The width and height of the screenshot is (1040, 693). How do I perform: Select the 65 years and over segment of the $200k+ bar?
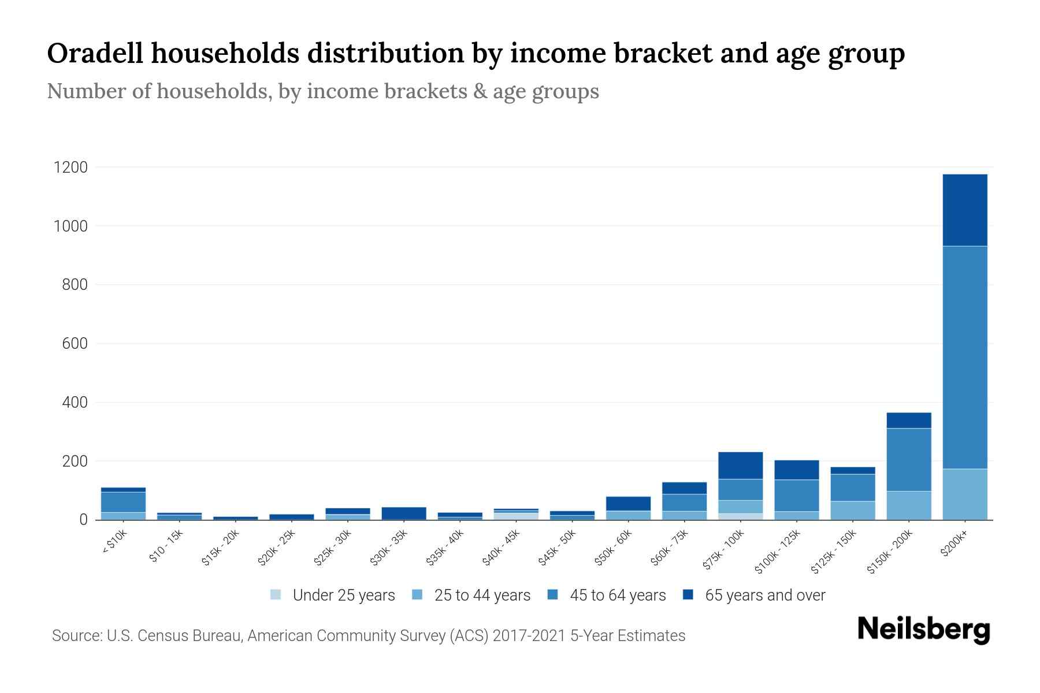[964, 210]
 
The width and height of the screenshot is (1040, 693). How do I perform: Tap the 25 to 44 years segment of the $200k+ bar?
[964, 494]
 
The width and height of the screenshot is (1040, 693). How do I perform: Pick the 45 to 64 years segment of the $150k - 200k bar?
[908, 460]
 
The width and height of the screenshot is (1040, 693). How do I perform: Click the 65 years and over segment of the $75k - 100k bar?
[740, 465]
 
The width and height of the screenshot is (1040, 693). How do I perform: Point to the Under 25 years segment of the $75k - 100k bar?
[740, 516]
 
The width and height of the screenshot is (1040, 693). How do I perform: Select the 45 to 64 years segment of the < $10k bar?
[123, 502]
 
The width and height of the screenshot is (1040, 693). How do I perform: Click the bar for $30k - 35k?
[404, 513]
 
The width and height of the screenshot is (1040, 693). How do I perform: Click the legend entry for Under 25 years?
[343, 595]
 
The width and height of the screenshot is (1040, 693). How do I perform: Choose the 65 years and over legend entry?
[764, 595]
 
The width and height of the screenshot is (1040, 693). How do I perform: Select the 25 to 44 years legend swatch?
[417, 595]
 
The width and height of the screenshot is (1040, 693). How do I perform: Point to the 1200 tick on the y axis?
[70, 167]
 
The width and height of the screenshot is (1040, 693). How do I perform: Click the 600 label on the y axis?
[75, 344]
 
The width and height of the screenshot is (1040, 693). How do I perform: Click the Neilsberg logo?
[923, 629]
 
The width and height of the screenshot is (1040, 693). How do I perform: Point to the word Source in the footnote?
[75, 636]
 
